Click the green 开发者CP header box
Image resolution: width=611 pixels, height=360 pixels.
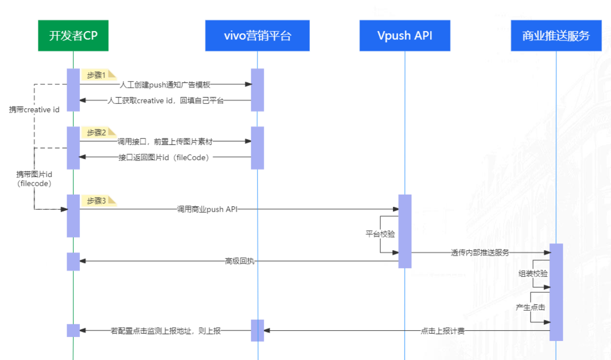(x=73, y=36)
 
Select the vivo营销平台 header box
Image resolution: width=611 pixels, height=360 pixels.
(x=257, y=36)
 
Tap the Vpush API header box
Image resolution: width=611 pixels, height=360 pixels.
(x=405, y=36)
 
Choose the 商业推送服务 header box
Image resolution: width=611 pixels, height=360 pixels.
(x=556, y=36)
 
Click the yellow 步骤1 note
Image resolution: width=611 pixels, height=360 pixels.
(x=98, y=75)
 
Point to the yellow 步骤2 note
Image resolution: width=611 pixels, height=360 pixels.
(x=98, y=133)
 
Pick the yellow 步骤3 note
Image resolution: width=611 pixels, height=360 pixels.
(x=98, y=201)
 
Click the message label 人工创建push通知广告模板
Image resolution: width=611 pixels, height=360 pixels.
(x=165, y=85)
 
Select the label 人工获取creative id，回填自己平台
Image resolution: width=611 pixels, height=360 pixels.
(x=166, y=101)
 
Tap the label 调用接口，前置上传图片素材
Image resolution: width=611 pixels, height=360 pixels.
(x=165, y=141)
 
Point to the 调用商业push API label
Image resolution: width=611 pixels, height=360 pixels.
(x=207, y=209)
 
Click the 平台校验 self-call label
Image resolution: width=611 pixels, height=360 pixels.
(x=380, y=234)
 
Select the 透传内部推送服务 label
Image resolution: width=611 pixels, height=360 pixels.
(x=480, y=253)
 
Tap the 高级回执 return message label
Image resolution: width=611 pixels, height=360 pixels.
(x=239, y=261)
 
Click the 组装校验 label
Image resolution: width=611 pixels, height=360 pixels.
(x=532, y=274)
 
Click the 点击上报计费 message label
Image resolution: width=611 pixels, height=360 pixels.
(x=442, y=331)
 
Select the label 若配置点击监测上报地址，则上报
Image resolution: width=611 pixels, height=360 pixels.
(x=166, y=331)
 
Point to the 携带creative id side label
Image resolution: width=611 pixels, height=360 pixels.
(x=34, y=110)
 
